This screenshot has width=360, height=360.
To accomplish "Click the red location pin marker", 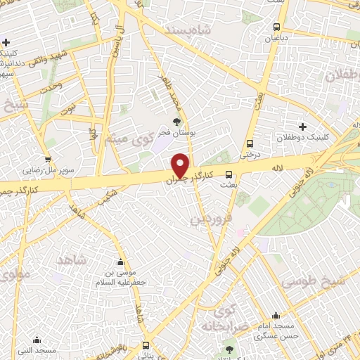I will coord(181,165).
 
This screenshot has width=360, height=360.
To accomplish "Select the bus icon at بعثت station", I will coord(228,174).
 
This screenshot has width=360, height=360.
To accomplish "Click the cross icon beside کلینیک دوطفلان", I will coord(302,127).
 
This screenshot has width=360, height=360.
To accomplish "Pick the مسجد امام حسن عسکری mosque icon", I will coord(275,315).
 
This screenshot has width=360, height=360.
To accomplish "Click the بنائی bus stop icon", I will coord(146,345).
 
